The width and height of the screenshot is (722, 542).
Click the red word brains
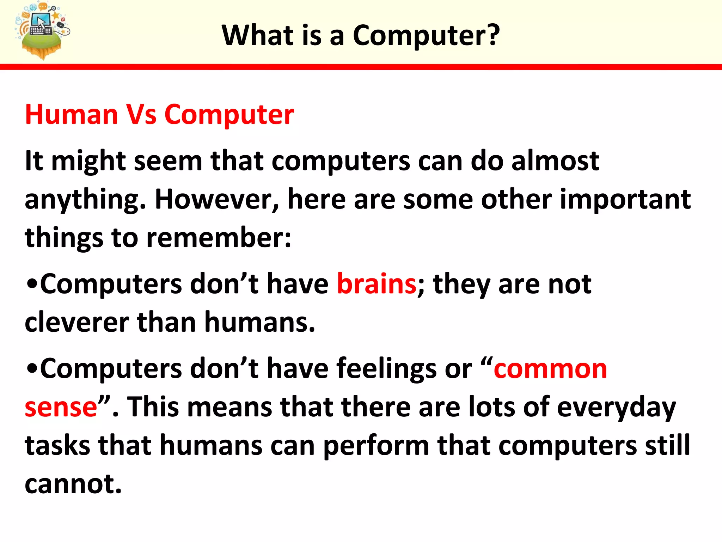[377, 284]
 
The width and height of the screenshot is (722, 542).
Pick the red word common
[550, 369]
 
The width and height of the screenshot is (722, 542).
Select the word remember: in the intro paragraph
[219, 237]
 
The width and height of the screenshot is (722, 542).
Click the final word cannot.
[73, 484]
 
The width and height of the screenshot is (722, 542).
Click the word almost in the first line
[555, 161]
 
